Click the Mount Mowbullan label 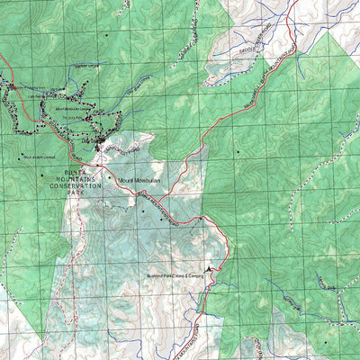click(x=139, y=180)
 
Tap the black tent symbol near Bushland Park click(x=210, y=268)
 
